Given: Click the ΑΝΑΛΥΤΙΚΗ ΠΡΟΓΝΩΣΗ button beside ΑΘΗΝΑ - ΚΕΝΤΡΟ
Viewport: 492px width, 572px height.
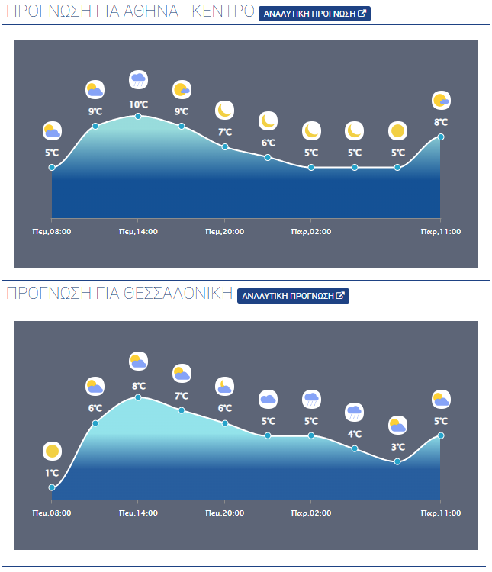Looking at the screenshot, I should [x=314, y=14].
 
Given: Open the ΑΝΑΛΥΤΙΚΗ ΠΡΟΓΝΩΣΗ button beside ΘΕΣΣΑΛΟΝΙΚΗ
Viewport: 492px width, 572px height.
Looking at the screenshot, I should [x=293, y=296].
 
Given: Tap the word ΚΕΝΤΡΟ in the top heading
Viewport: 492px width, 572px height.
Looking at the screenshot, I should [x=217, y=13].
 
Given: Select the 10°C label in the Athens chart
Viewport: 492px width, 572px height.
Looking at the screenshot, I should [x=138, y=104].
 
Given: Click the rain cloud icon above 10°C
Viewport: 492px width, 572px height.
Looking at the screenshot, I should [x=138, y=79].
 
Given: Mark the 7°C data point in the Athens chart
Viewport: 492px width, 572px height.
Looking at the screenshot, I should [x=225, y=146].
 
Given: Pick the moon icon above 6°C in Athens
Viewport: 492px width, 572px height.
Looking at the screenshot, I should [x=268, y=121].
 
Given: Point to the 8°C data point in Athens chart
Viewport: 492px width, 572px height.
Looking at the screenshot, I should [x=441, y=137].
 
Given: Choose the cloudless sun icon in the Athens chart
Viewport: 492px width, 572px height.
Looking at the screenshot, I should [x=397, y=130].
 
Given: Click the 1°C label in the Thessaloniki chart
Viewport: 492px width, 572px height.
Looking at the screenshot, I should [x=52, y=473].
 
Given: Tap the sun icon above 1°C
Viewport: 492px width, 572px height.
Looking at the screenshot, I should [x=52, y=451].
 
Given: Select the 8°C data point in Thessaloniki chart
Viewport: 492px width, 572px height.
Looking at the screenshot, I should [x=138, y=397].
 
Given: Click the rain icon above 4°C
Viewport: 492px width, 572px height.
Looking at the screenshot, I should [x=355, y=412].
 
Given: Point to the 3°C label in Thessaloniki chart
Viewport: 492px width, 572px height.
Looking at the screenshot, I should [x=397, y=447].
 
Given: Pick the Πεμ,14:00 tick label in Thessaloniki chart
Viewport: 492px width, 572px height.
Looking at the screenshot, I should [x=138, y=513].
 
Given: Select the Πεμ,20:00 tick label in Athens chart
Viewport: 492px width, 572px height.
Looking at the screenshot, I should [x=225, y=232].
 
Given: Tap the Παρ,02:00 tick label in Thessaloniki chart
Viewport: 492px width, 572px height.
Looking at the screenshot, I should [x=311, y=513].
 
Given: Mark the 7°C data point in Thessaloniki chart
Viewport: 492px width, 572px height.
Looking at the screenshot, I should [x=182, y=410].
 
